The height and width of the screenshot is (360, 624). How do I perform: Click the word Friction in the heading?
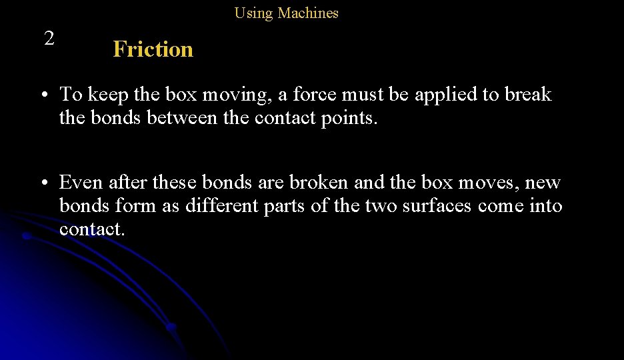pyautogui.click(x=153, y=49)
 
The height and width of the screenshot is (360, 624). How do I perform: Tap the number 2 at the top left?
pyautogui.click(x=49, y=38)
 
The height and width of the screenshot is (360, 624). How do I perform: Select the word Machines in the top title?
pyautogui.click(x=308, y=13)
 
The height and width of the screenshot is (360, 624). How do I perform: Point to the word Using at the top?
pyautogui.click(x=253, y=13)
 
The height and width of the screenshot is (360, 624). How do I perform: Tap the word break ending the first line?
pyautogui.click(x=528, y=95)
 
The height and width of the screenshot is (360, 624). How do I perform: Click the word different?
pyautogui.click(x=221, y=206)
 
